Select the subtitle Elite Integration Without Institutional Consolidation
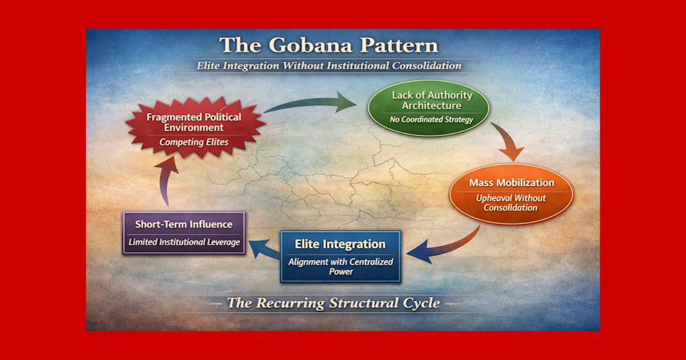pos(329,65)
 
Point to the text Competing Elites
pos(194,142)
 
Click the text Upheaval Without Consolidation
pos(511,203)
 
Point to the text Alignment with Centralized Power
pos(340,267)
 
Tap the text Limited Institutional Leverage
pos(184,242)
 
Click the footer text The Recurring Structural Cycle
pos(333,303)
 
